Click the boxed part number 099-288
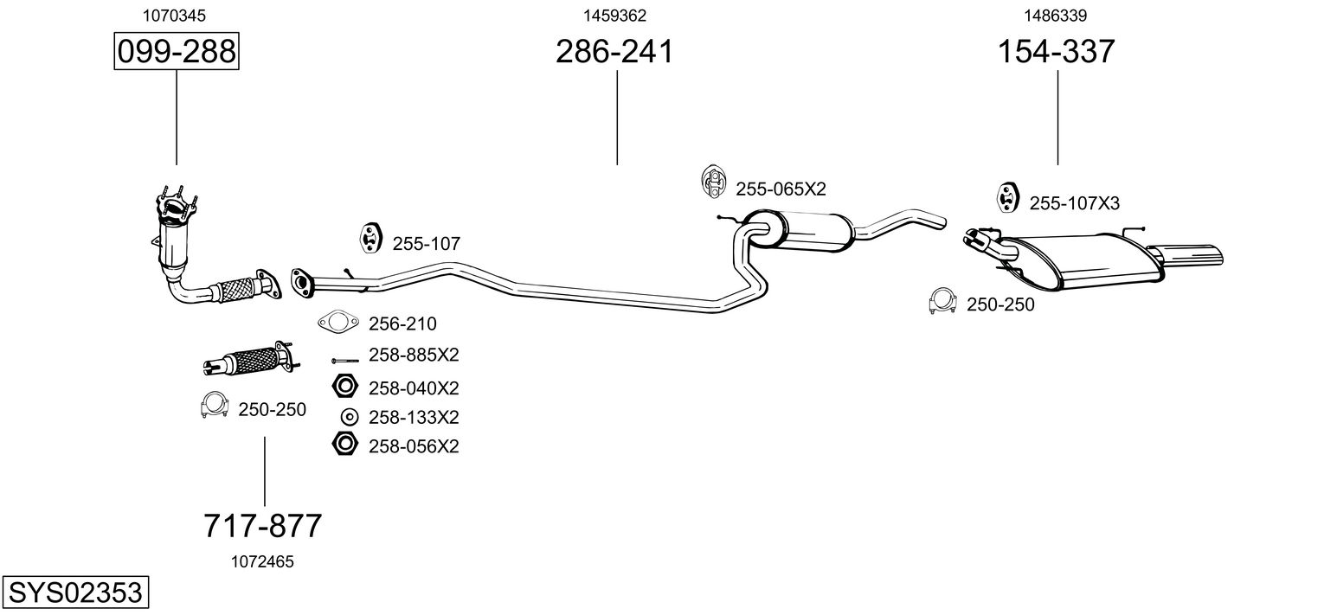tap(177, 52)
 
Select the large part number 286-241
tap(614, 52)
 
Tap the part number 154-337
tap(1057, 52)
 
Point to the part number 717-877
tap(263, 525)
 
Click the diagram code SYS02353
tap(74, 593)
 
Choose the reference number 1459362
tap(614, 15)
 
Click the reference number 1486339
tap(1056, 15)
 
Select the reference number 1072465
tap(262, 561)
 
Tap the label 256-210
tap(402, 324)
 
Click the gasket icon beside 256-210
tap(337, 323)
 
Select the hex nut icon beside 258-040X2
tap(344, 387)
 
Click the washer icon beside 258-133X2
tap(348, 417)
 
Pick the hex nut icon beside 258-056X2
tap(344, 445)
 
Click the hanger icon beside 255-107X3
tap(1006, 197)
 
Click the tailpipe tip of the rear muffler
tap(1207, 256)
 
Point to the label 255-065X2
tap(781, 189)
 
